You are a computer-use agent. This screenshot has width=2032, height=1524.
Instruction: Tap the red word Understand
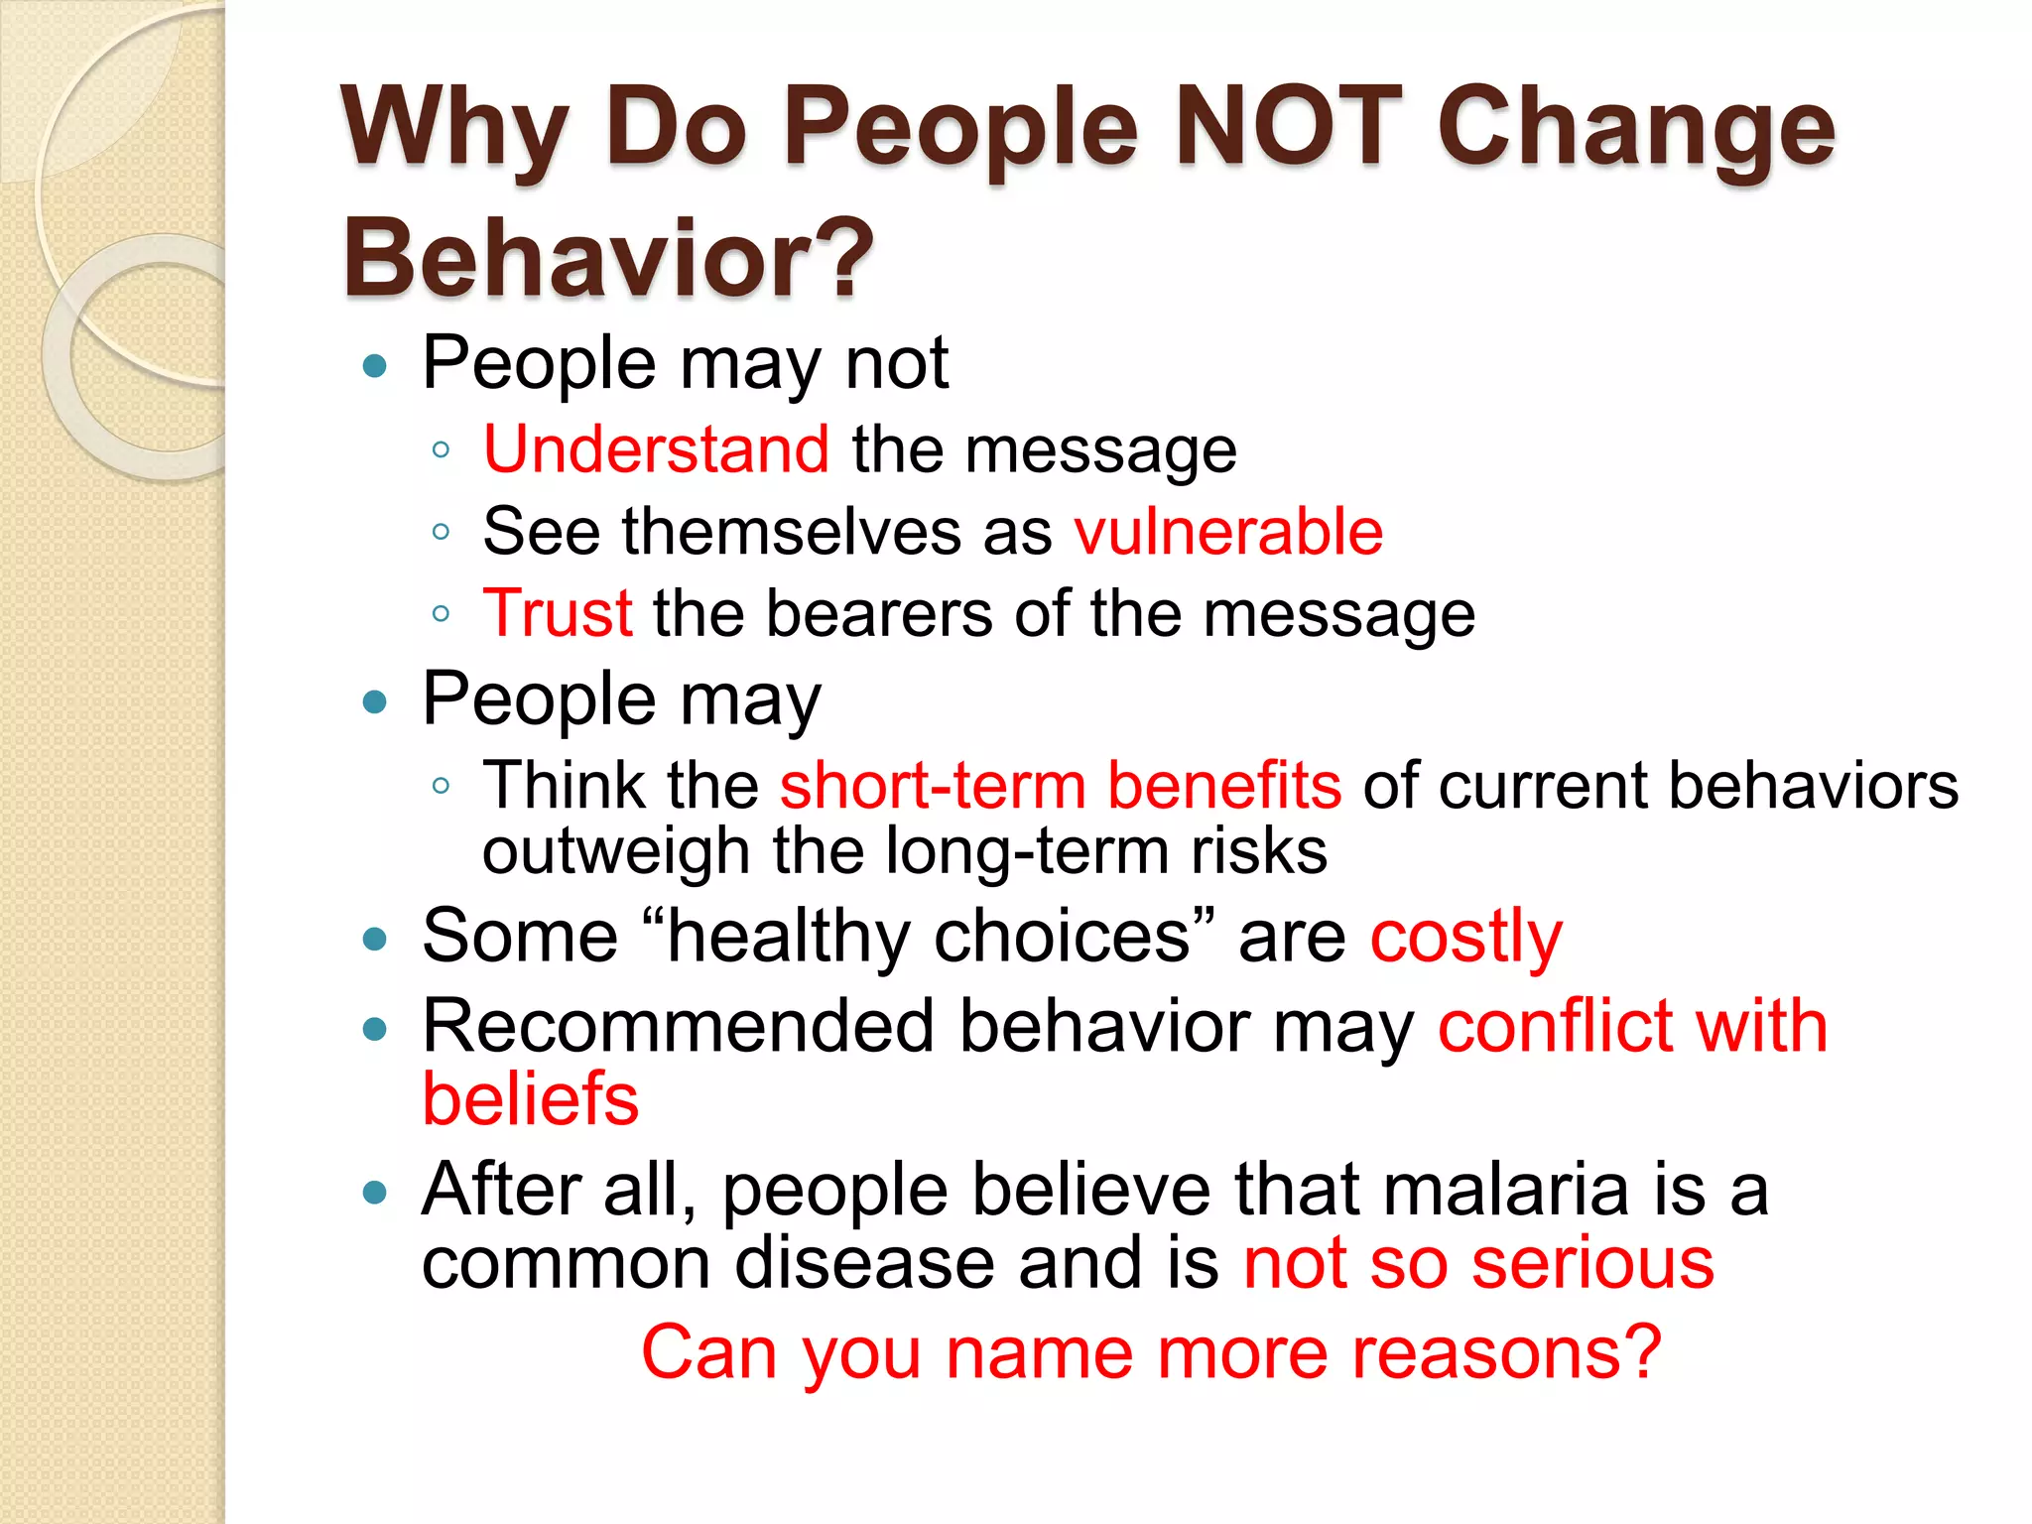656,449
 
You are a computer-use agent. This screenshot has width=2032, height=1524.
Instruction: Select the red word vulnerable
1228,532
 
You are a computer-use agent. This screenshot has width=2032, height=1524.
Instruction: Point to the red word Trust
558,613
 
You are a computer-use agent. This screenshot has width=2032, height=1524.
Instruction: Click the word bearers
878,613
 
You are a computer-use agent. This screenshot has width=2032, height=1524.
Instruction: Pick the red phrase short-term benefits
1060,786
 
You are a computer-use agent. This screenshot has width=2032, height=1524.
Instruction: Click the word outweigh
615,851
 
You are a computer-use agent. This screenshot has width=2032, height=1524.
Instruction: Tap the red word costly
1465,938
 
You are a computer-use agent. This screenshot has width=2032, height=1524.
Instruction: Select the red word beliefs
531,1099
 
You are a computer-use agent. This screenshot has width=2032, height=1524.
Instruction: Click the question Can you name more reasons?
1151,1352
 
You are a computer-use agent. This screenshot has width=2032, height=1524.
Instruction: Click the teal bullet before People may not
375,367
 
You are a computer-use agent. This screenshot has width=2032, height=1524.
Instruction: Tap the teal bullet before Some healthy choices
375,939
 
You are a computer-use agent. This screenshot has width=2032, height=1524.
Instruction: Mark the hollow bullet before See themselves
442,533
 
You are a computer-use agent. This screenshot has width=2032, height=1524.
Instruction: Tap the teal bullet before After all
375,1192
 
